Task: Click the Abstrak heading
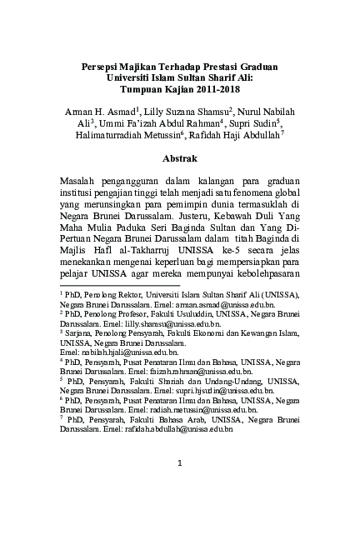click(180, 156)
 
